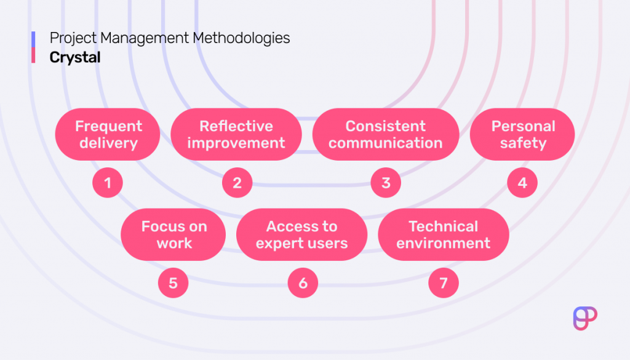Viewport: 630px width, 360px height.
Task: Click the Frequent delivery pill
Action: [x=108, y=135]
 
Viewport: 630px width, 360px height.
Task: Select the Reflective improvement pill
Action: [x=236, y=135]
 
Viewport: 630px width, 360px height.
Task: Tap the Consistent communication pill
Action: [x=386, y=135]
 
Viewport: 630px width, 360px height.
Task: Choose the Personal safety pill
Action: [x=522, y=135]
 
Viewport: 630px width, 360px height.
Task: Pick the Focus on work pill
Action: [x=173, y=234]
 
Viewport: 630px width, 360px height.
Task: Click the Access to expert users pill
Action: [x=301, y=234]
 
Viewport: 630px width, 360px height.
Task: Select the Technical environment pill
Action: [x=443, y=234]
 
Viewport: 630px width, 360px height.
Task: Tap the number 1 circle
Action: [x=108, y=183]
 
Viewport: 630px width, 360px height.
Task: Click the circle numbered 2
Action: [x=237, y=183]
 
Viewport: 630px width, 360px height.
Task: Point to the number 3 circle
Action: [x=386, y=183]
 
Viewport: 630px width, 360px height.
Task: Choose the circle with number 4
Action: [x=522, y=183]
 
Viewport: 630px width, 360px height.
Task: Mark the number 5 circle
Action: [x=173, y=283]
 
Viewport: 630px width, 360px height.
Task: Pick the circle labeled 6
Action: [x=303, y=283]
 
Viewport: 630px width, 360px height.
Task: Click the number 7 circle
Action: [x=444, y=283]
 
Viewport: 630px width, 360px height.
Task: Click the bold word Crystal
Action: [x=75, y=57]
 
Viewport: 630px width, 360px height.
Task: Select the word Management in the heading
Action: [x=144, y=38]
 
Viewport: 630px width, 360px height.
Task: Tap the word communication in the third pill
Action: [x=386, y=143]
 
